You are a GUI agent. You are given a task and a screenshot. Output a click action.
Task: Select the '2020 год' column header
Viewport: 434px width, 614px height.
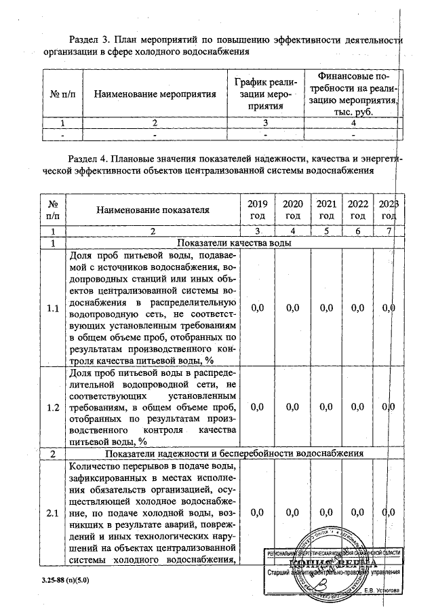coord(293,210)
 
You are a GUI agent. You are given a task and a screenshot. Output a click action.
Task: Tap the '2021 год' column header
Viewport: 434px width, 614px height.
coord(326,210)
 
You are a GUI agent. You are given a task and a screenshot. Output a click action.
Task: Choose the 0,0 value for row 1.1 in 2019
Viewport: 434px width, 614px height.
coord(257,309)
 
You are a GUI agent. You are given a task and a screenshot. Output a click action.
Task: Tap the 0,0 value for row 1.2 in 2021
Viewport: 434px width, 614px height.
coord(326,407)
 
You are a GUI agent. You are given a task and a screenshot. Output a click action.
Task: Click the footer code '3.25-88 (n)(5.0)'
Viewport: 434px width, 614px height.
coord(60,581)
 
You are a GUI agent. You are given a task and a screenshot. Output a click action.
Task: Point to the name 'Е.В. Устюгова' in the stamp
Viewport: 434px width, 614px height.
coord(382,590)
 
